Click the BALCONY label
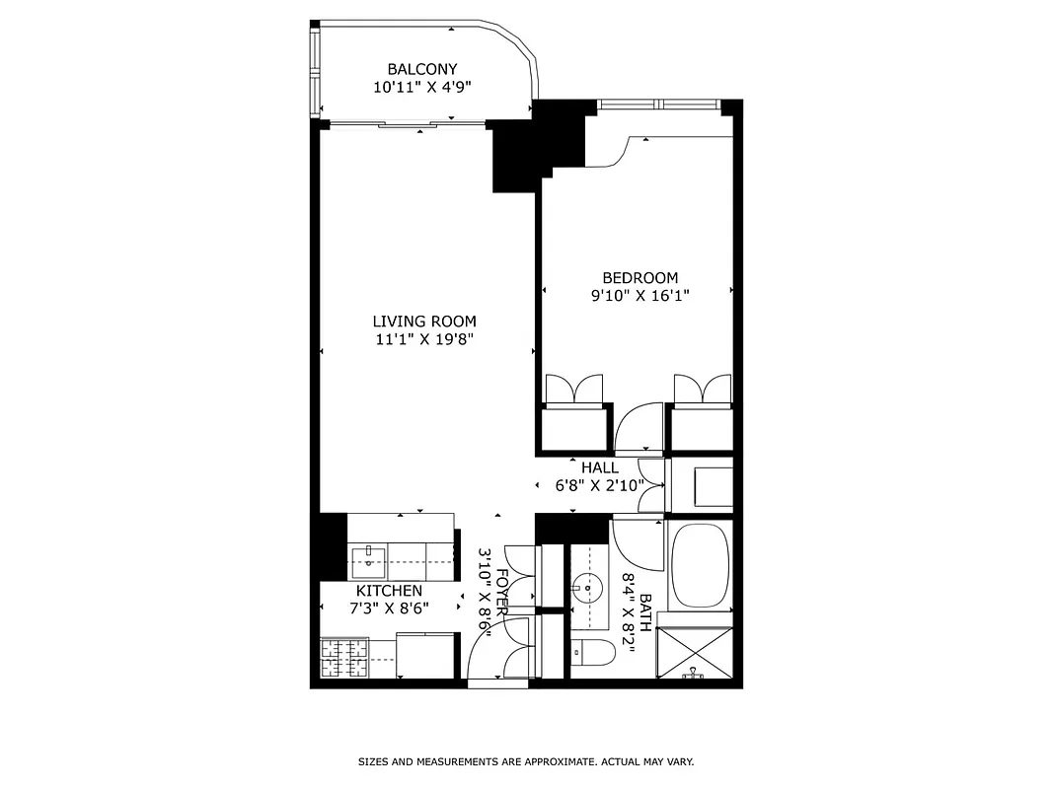[421, 69]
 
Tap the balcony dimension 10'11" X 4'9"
[421, 87]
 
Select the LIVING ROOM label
[424, 322]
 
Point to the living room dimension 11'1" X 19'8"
[424, 339]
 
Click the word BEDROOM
[639, 278]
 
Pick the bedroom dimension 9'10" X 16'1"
[639, 295]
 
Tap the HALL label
[600, 467]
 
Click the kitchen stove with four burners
[344, 659]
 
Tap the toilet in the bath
[590, 653]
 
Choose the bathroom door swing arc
[637, 538]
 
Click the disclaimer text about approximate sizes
[525, 762]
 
